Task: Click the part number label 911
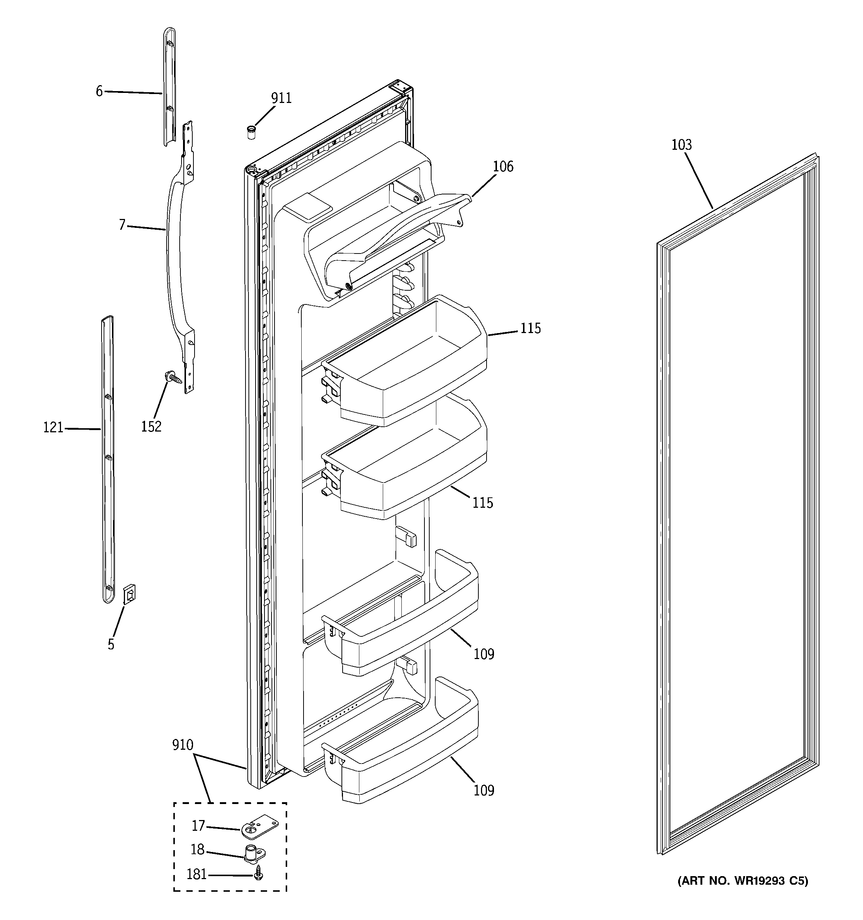281,98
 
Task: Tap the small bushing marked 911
251,132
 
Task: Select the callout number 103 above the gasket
681,145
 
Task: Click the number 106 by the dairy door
503,166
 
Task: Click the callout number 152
151,426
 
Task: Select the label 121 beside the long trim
53,427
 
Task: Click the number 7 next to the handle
122,225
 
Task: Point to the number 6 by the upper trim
99,91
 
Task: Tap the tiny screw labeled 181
259,874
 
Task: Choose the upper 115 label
530,328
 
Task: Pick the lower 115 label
483,503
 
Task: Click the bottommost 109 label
484,790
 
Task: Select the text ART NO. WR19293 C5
742,894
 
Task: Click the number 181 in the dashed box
196,875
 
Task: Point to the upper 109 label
484,654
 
